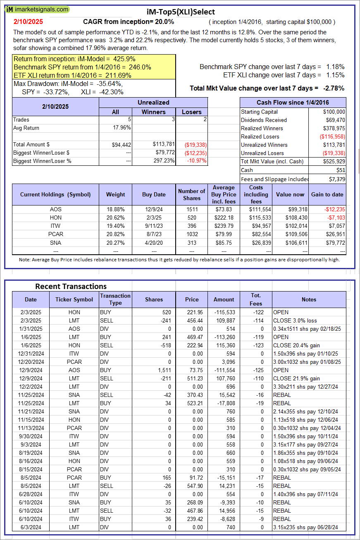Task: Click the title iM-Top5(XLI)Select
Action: (x=181, y=12)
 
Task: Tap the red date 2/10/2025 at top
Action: (x=28, y=22)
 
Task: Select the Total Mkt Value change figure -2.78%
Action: (x=334, y=88)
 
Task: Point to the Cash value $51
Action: (x=341, y=170)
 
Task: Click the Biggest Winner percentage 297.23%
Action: (x=164, y=161)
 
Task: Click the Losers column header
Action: (x=192, y=112)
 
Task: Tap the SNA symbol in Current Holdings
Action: (x=55, y=242)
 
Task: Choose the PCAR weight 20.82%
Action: (x=115, y=234)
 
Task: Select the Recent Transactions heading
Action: (x=71, y=286)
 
